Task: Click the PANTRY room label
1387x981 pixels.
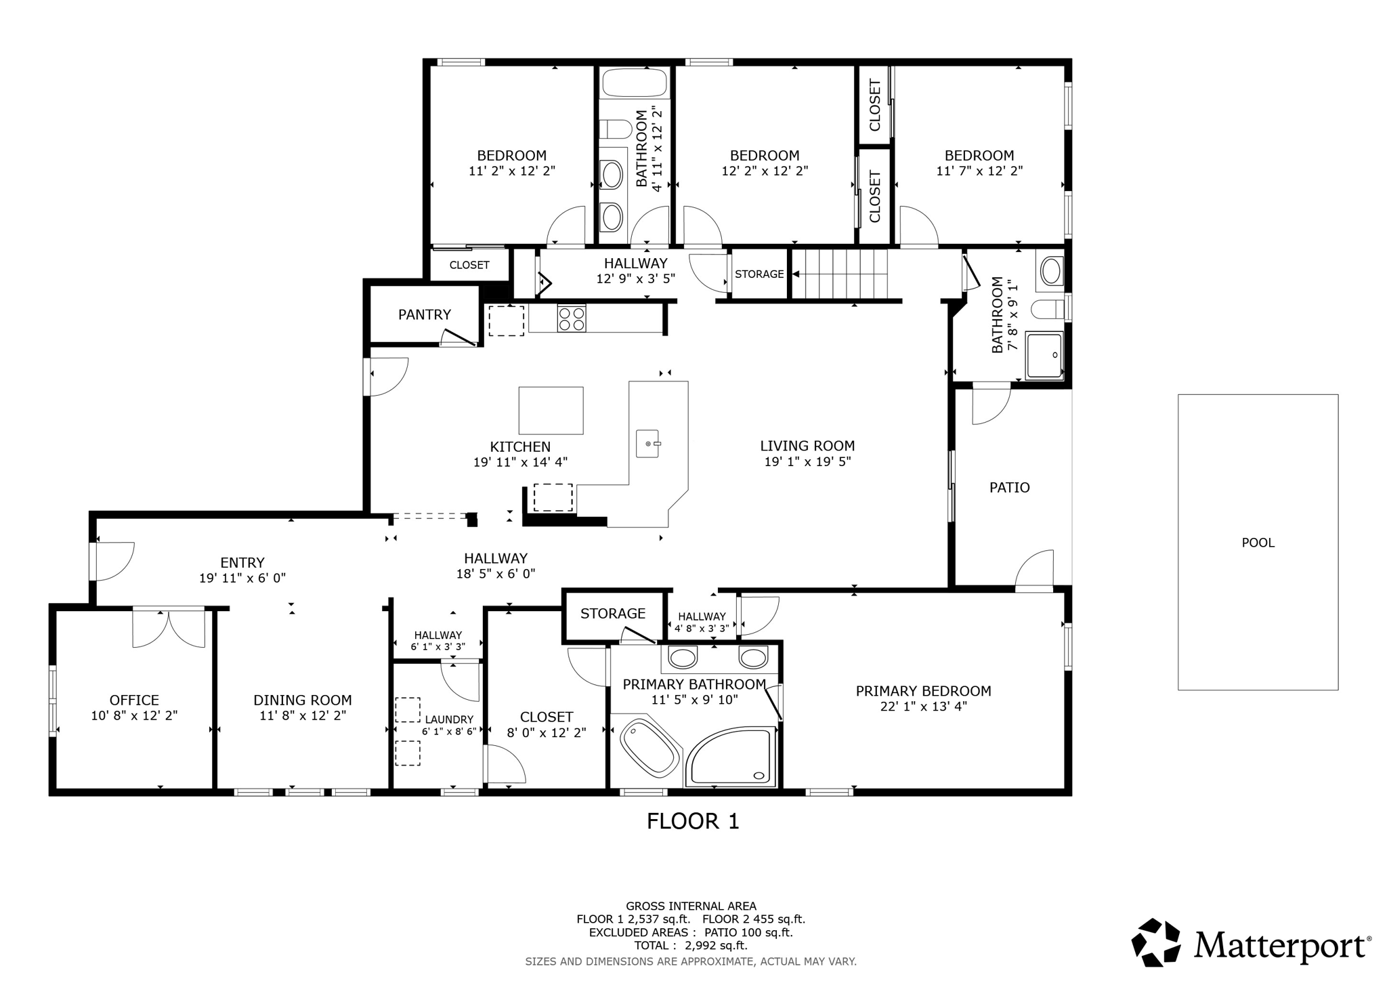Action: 424,314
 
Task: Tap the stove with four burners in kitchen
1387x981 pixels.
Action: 571,318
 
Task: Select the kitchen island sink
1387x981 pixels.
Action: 648,444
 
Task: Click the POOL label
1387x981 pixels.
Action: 1258,543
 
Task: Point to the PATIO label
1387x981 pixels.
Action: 1009,488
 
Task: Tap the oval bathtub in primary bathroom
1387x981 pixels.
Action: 649,749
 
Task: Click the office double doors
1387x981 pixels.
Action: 168,628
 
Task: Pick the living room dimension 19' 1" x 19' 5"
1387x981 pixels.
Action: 807,462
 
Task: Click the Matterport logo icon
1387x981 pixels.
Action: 1156,942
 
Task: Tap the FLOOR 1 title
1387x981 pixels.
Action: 692,821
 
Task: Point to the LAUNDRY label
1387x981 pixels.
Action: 449,719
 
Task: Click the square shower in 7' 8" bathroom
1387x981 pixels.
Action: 1044,355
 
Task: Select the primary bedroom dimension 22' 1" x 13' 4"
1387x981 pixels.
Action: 923,707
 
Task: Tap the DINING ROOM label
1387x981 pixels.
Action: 302,701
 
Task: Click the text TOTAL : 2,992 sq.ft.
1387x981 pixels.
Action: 690,945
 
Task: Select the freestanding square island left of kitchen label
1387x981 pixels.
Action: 551,411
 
